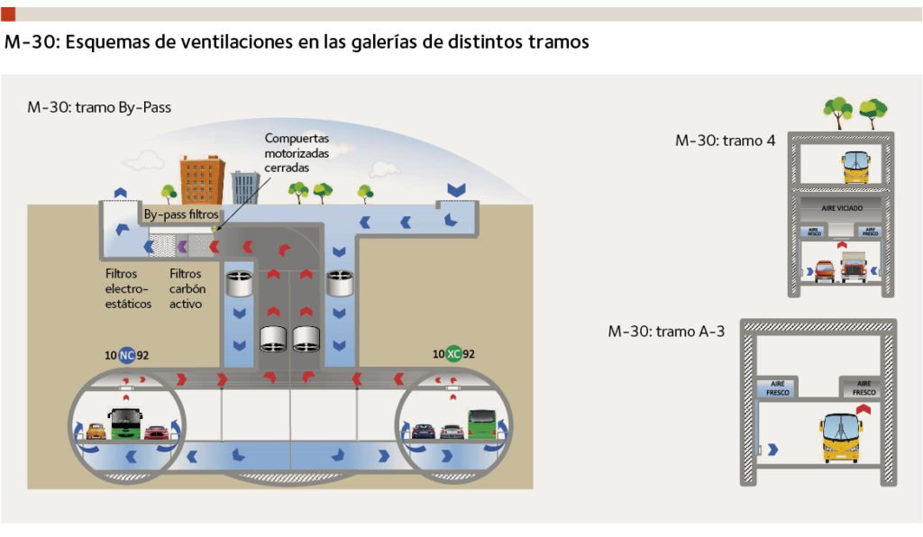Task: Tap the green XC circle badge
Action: [x=453, y=354]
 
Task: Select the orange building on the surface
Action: [x=202, y=180]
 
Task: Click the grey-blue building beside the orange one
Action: [x=245, y=187]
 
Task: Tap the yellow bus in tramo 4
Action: [x=855, y=167]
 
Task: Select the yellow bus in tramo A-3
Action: [x=840, y=437]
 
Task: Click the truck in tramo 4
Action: [x=853, y=266]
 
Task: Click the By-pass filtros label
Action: [x=180, y=216]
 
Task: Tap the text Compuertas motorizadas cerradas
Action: [x=297, y=153]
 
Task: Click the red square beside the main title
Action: [x=8, y=14]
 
